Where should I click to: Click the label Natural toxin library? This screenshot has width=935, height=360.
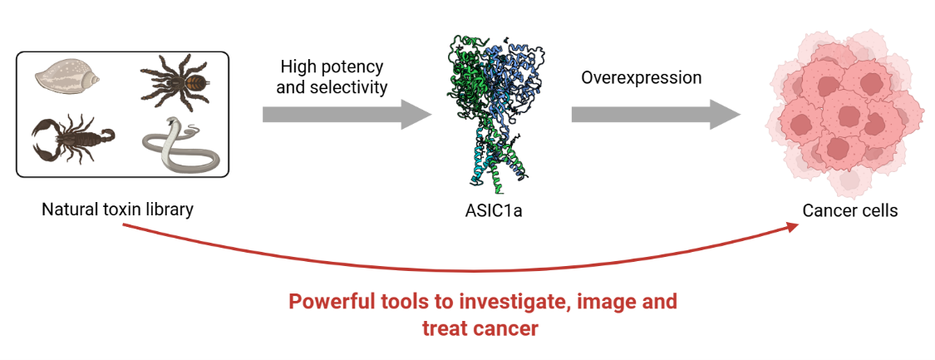[x=117, y=210]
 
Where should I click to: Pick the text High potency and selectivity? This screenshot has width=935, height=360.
[x=333, y=76]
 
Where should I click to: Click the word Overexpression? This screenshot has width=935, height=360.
[x=641, y=77]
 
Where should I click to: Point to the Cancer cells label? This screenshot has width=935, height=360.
[x=849, y=210]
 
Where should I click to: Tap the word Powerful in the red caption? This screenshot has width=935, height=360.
[x=327, y=301]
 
